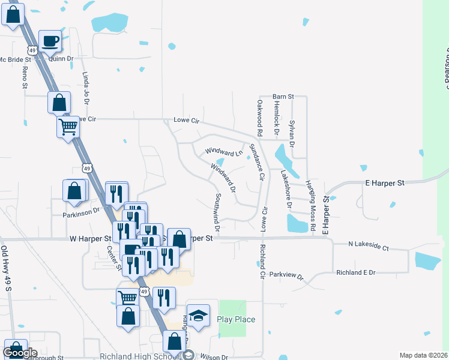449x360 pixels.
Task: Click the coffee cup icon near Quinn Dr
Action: (x=50, y=41)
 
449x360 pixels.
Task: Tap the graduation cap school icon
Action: (x=198, y=314)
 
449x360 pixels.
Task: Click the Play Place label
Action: (x=236, y=319)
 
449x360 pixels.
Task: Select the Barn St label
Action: (x=283, y=96)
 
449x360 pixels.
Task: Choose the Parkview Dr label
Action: (x=287, y=275)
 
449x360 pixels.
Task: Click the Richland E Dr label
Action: (x=355, y=272)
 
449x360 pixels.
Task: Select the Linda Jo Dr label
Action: (x=85, y=88)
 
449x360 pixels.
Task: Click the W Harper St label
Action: (x=91, y=238)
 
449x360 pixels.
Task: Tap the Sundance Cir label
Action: (x=256, y=162)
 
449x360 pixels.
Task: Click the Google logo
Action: (x=20, y=353)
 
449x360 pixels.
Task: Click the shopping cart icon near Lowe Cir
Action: (x=68, y=126)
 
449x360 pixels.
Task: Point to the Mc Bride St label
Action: (x=15, y=59)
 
